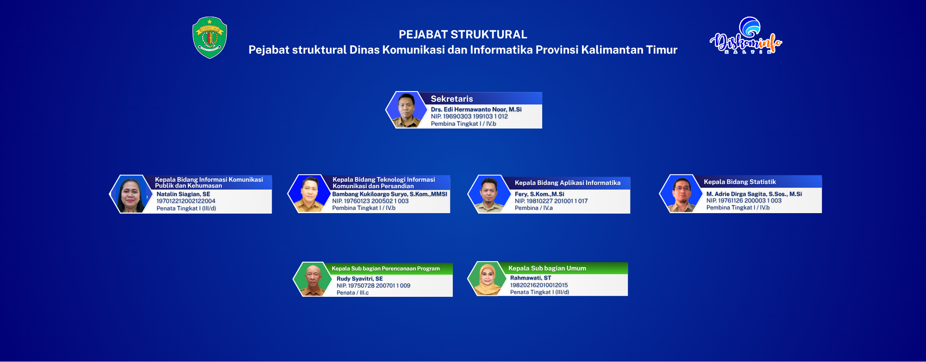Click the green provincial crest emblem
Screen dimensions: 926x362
pos(210,37)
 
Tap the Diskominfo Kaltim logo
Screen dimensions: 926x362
pos(746,36)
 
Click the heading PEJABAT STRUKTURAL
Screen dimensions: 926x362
pos(463,35)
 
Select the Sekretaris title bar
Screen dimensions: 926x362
pos(482,98)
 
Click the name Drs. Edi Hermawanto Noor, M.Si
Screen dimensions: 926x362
pos(476,110)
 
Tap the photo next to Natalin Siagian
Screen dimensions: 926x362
pos(131,194)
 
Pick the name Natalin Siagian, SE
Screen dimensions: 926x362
pos(183,194)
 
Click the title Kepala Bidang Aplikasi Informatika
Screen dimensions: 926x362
pos(568,183)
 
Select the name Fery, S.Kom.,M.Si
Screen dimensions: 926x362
pos(539,194)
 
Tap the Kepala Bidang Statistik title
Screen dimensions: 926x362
pos(740,182)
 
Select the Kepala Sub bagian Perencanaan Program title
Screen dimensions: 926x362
pos(386,269)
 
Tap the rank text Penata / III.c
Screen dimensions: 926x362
pos(353,293)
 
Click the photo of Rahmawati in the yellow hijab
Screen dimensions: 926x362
pos(488,279)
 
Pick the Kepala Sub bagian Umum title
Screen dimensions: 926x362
pos(547,268)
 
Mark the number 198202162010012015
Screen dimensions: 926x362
pos(539,285)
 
